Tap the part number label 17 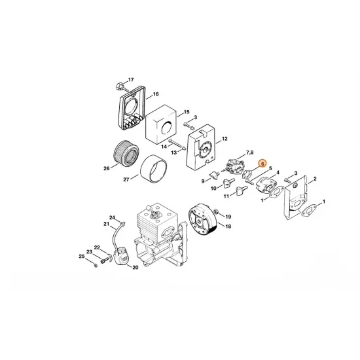130,78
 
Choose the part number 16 156,94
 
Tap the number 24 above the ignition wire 112,217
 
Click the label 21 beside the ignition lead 106,224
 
